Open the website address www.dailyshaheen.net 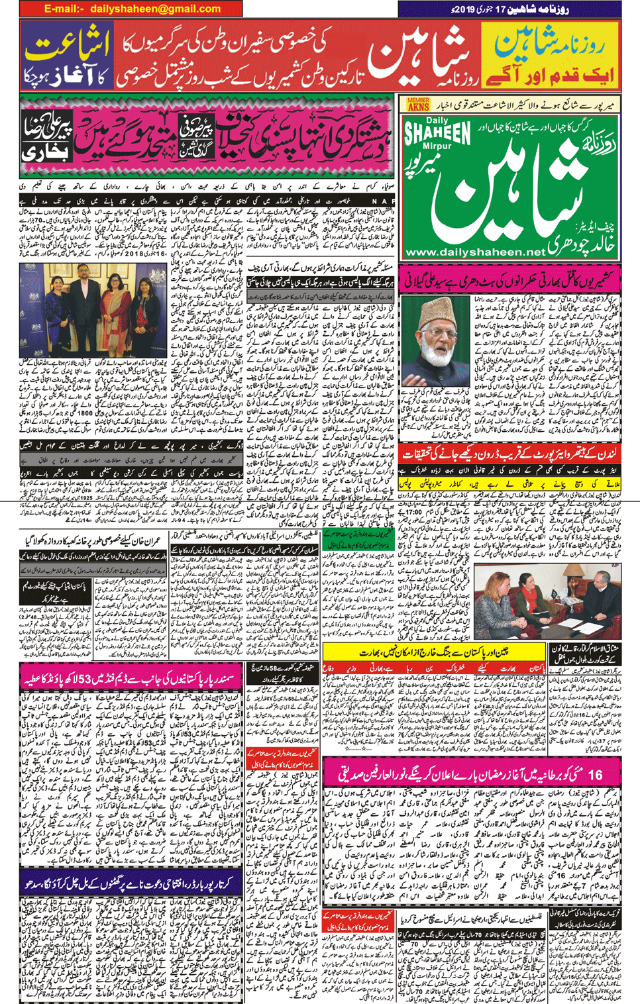[x=474, y=252]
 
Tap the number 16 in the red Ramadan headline [x=595, y=774]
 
